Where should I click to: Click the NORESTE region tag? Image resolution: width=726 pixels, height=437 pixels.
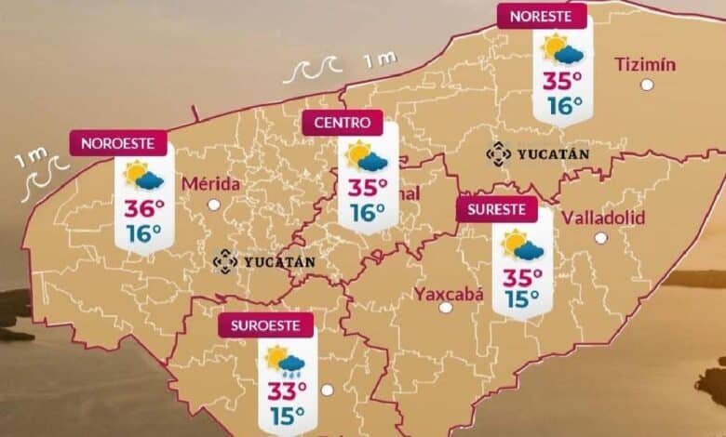(543, 16)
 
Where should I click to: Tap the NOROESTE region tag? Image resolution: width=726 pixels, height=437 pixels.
(117, 143)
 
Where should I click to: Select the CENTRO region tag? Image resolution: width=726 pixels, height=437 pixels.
(342, 122)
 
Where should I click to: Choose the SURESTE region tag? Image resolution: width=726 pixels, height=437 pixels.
(497, 209)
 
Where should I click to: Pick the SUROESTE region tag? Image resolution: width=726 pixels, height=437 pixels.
(265, 326)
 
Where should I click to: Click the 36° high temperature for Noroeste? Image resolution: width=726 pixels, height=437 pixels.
(145, 207)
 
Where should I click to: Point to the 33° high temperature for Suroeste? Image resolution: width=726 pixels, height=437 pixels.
(289, 390)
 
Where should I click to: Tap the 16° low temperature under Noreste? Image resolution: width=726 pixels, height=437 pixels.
(565, 105)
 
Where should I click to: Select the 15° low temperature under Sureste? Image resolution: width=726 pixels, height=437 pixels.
(522, 299)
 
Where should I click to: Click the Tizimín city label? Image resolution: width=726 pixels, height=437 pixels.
(645, 64)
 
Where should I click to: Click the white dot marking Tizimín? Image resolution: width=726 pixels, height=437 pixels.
(646, 85)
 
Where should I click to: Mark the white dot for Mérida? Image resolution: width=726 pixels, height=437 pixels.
(214, 205)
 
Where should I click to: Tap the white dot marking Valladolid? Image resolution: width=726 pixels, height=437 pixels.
(600, 238)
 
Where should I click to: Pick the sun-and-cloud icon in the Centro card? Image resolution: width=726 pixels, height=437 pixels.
(366, 156)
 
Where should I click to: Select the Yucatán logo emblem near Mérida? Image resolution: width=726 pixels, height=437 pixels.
(224, 261)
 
